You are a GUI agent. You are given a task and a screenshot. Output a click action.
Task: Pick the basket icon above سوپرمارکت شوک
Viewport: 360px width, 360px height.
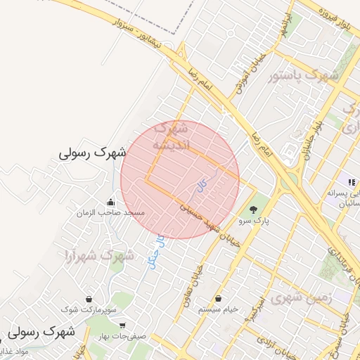pos(88,299)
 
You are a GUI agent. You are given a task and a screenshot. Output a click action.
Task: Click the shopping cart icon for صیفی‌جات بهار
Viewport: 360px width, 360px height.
pos(123,326)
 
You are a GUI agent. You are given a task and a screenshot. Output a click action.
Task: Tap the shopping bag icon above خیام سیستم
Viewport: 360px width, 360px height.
pos(218,299)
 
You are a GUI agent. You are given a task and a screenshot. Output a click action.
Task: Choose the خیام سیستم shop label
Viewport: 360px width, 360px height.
pos(218,309)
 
